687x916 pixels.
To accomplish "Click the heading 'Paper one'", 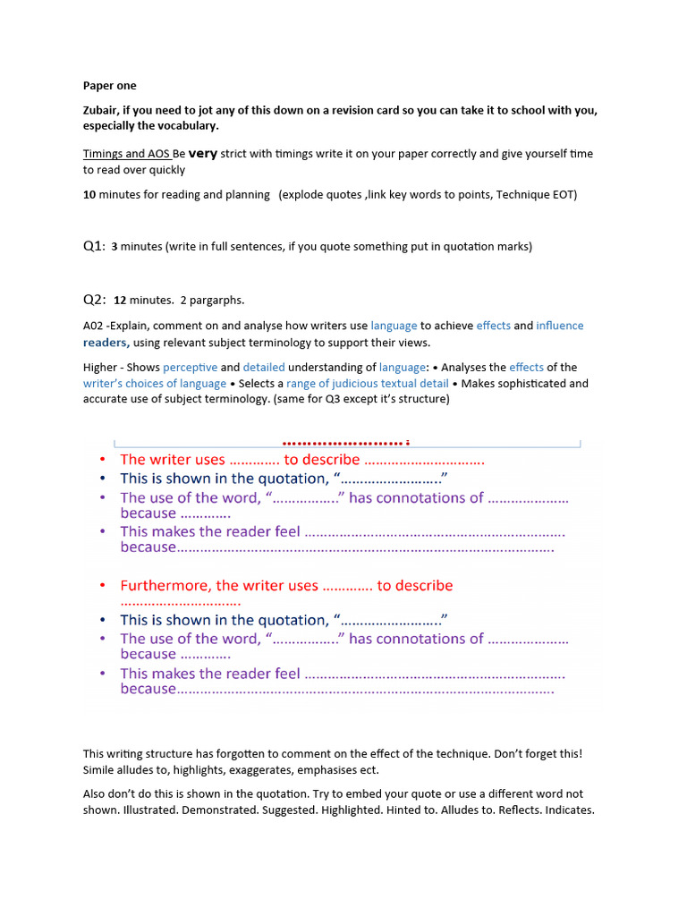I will click(110, 86).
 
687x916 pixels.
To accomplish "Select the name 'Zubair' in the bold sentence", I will click(103, 110).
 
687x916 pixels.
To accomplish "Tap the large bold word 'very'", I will click(203, 153).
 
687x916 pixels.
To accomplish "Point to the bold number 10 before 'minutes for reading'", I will click(89, 194).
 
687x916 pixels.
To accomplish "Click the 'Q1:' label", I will click(94, 246).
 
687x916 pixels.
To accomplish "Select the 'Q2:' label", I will click(94, 300).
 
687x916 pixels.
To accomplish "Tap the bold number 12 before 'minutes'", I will click(121, 301).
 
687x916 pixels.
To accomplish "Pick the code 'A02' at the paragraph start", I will click(93, 326).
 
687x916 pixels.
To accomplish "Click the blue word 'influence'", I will click(560, 326).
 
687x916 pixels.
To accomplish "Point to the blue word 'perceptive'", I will click(190, 367).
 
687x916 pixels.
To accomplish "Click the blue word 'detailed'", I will click(265, 367).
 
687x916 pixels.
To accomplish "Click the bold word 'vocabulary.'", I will click(186, 126).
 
